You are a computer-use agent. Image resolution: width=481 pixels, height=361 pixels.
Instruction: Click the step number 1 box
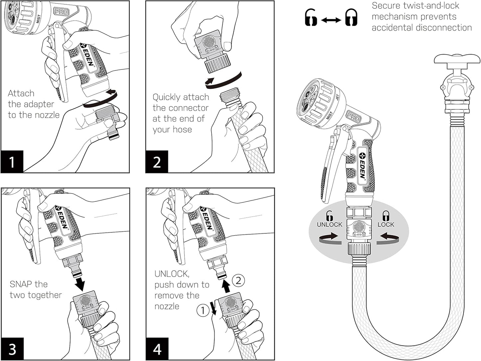coord(12,162)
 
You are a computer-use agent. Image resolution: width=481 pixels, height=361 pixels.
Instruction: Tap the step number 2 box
coord(157,162)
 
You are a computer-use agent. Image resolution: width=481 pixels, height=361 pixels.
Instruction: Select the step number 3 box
coord(12,349)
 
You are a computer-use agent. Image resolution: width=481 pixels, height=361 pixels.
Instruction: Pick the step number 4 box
coord(157,349)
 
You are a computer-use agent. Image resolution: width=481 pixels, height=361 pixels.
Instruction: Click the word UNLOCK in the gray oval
coord(330,224)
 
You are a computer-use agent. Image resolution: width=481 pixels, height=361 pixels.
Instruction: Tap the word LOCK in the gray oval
coord(386,224)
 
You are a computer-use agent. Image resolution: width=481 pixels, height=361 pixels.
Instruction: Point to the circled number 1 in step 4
coord(203,310)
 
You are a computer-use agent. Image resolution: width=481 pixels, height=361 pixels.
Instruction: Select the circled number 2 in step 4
coord(238,280)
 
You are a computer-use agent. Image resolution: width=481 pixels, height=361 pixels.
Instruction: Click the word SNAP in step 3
coord(21,284)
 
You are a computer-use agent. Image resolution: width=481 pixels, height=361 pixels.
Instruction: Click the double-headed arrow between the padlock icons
coord(331,20)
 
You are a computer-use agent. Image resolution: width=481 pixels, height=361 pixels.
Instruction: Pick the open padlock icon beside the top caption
coord(311,18)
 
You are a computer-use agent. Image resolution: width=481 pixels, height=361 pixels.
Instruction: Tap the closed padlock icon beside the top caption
coord(351,18)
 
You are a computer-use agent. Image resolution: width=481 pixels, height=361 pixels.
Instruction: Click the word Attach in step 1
coord(21,93)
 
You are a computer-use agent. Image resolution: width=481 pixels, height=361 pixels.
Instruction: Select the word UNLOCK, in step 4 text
coord(172,274)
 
